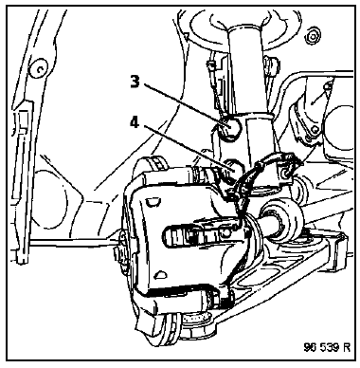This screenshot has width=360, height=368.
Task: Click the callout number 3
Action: [x=135, y=82]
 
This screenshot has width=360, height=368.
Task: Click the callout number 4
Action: [x=135, y=122]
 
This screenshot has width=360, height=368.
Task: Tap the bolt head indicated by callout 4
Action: [x=234, y=168]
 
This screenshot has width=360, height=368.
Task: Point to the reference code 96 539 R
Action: [x=327, y=347]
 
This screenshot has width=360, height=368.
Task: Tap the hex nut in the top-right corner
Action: [x=313, y=37]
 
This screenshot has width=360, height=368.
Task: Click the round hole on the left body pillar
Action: [x=38, y=67]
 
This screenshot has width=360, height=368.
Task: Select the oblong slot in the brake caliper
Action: [x=200, y=234]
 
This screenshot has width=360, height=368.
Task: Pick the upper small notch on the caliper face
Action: [x=153, y=201]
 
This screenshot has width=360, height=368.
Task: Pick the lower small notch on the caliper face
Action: [x=161, y=273]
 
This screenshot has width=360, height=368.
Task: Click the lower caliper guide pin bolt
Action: [x=214, y=300]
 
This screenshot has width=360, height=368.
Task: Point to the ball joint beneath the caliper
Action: [x=196, y=327]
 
